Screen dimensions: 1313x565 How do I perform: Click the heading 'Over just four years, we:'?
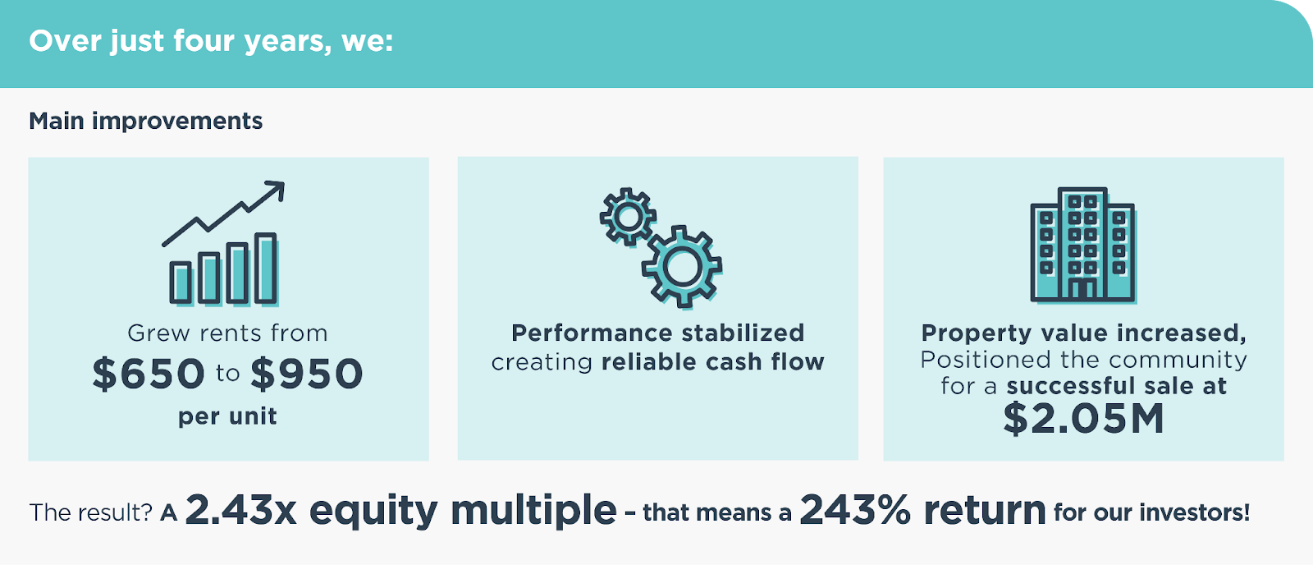(x=211, y=42)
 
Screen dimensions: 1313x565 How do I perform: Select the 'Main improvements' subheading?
(x=145, y=121)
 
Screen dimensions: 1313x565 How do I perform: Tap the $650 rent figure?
(x=149, y=374)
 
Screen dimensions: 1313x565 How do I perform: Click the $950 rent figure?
(x=307, y=374)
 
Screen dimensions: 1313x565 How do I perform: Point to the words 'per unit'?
(x=227, y=416)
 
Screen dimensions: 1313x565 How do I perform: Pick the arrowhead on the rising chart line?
(x=277, y=190)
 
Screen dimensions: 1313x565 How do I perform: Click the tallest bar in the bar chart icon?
(x=266, y=269)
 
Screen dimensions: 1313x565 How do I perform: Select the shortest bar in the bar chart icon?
(x=181, y=282)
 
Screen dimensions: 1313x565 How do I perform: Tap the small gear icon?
(x=628, y=217)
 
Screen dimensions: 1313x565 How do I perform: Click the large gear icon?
(x=682, y=267)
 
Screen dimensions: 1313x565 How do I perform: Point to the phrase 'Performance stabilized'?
(x=657, y=333)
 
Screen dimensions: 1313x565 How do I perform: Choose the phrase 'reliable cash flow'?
(x=713, y=362)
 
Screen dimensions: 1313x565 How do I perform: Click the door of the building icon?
(x=1082, y=289)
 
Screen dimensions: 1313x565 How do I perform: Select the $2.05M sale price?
(x=1083, y=419)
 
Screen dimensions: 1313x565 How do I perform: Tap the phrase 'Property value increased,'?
(x=1084, y=333)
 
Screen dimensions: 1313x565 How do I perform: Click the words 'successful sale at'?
(x=1117, y=386)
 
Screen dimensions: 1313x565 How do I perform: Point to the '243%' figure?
(x=854, y=509)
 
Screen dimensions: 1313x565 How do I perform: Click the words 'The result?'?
(x=91, y=512)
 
